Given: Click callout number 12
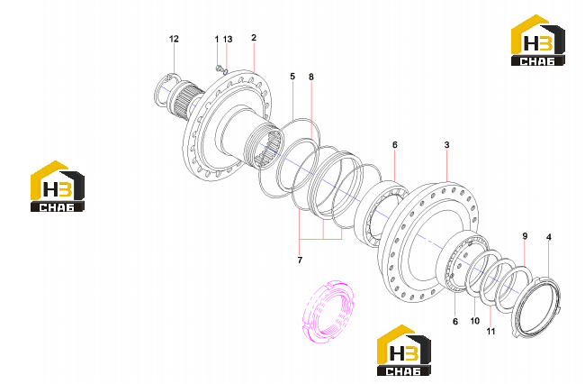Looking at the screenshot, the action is (x=174, y=39).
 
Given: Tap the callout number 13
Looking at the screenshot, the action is (x=228, y=40).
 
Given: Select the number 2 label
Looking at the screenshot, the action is (x=254, y=38).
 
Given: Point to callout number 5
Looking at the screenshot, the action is (x=292, y=77).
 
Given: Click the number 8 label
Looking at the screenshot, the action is (x=311, y=77).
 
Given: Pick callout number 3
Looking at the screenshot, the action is (x=446, y=144).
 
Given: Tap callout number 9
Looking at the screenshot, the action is (x=525, y=236).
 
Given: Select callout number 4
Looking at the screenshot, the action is (x=548, y=237).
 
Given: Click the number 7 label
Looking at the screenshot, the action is (x=300, y=260).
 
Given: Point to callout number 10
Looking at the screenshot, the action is (x=474, y=321).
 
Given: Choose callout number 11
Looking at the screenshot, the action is (x=490, y=331).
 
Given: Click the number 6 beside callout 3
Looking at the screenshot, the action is (x=395, y=144).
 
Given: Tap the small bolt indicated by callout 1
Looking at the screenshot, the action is (x=219, y=68).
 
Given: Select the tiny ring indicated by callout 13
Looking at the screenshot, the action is (x=225, y=71).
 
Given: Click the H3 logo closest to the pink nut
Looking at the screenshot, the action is (x=404, y=350).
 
